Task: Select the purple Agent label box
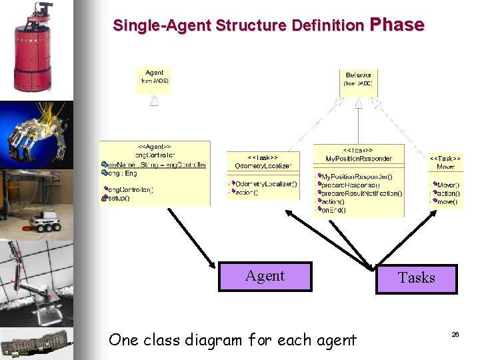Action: [265, 276]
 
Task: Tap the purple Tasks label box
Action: [417, 279]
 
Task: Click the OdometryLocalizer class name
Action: [263, 165]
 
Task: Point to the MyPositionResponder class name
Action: [359, 159]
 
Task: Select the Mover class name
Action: [446, 166]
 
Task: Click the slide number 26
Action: [455, 334]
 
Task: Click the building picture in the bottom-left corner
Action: [33, 344]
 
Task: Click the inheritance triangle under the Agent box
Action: [154, 101]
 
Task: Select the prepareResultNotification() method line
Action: [362, 193]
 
